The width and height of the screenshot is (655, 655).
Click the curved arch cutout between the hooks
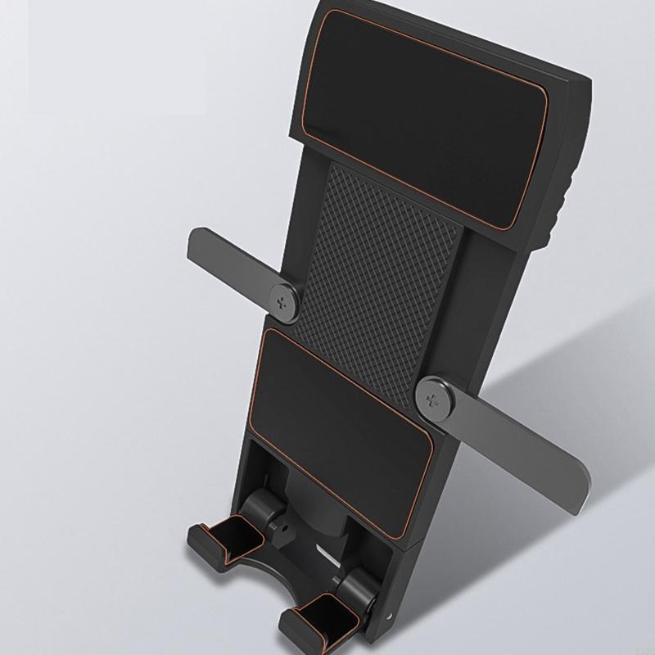[x=270, y=573]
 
